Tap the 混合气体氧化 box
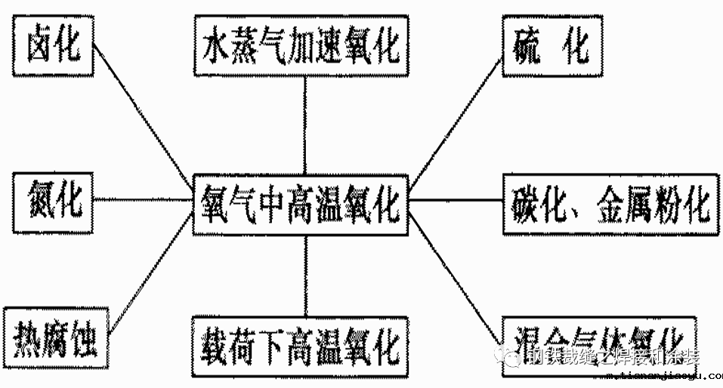596,343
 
